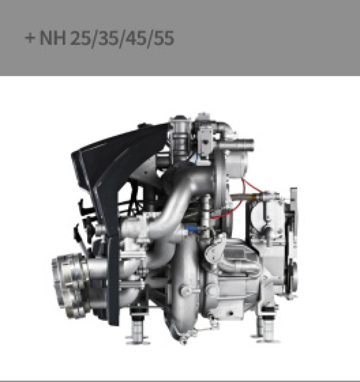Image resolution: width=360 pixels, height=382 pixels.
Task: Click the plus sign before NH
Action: pyautogui.click(x=30, y=38)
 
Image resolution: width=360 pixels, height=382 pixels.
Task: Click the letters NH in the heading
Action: pyautogui.click(x=53, y=38)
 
